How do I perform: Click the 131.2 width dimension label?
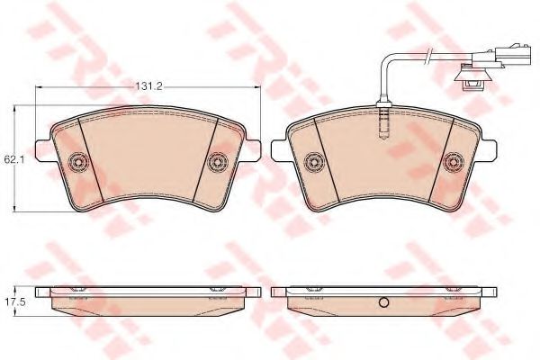[148, 86]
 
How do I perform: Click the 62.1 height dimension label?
[12, 159]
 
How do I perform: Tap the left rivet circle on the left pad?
[77, 161]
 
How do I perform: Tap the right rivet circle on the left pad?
[219, 161]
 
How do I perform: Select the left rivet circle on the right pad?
[314, 161]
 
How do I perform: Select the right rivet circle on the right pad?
[453, 161]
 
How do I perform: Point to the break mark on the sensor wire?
[427, 55]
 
